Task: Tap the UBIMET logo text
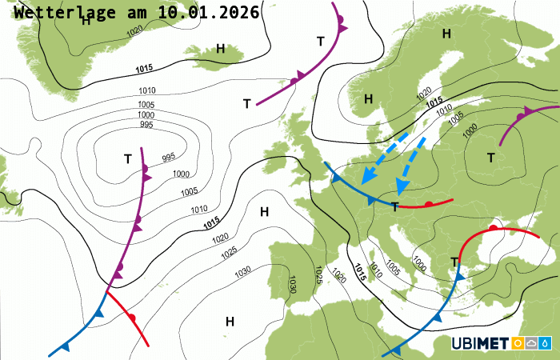tap(479, 344)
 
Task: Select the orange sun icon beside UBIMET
tap(518, 344)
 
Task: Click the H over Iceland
tap(220, 49)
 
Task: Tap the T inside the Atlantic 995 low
tap(128, 158)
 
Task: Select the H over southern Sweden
tap(368, 98)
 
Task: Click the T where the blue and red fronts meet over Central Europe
tap(394, 207)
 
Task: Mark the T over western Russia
tap(490, 158)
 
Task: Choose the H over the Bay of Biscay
tap(264, 211)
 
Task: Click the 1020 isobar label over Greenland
tap(134, 30)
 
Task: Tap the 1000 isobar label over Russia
tap(470, 129)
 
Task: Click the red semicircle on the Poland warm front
tap(429, 205)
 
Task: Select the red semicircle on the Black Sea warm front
tap(494, 229)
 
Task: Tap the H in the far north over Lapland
tap(446, 33)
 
